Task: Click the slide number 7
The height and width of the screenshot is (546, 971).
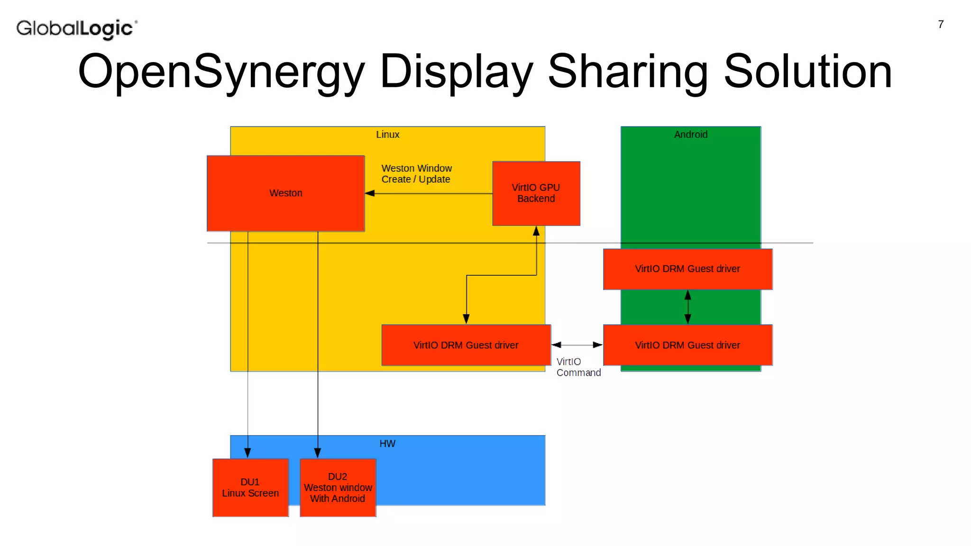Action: (941, 25)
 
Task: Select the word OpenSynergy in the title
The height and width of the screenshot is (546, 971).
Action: (221, 72)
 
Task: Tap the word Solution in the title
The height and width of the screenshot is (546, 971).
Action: (808, 72)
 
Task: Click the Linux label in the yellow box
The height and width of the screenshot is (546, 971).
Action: (387, 135)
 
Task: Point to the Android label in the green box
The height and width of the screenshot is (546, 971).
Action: (691, 135)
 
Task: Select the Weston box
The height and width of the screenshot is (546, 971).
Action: (285, 193)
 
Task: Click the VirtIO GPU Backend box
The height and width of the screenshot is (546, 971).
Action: (536, 193)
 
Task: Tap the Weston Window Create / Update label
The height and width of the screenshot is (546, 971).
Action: (416, 174)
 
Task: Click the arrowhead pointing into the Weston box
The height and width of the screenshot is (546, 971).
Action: (370, 193)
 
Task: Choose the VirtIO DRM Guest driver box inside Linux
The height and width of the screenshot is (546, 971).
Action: (466, 345)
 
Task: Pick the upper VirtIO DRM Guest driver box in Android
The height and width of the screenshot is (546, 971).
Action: (687, 269)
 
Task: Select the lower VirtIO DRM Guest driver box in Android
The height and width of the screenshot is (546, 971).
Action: (687, 345)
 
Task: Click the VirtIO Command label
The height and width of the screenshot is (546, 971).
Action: (578, 367)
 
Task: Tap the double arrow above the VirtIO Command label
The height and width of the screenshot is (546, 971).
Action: (577, 345)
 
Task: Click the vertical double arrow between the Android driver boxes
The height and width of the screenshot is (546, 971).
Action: (688, 307)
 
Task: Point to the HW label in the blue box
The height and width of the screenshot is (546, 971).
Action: (387, 444)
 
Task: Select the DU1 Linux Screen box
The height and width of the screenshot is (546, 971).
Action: (250, 488)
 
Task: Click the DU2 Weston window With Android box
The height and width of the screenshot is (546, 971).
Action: (338, 488)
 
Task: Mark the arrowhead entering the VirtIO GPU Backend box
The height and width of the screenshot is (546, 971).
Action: (536, 231)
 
